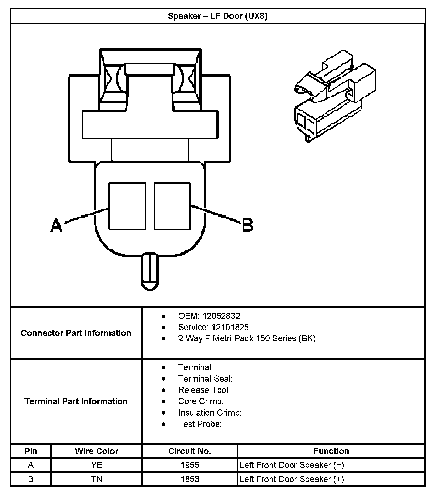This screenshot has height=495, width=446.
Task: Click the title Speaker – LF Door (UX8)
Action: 218,16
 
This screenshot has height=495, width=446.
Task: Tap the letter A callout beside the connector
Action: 56,225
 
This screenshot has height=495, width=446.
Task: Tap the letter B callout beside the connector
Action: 247,225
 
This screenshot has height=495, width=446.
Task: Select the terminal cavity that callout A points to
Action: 127,207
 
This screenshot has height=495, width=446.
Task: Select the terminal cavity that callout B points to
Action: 172,207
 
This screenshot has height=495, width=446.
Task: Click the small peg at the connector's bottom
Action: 150,271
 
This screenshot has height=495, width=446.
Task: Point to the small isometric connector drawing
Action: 336,96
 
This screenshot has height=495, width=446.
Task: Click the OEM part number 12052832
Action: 221,316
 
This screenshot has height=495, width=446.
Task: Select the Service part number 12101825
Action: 230,328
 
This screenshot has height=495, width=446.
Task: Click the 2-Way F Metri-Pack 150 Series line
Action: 247,338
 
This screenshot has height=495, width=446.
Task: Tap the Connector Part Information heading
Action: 76,333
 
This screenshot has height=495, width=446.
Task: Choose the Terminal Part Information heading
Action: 76,401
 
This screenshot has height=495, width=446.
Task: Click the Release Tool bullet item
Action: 204,390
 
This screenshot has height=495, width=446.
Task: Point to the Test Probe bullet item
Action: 200,424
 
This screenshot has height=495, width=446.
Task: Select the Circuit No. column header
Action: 190,451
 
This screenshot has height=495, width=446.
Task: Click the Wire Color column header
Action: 97,451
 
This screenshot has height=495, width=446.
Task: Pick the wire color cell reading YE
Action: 97,465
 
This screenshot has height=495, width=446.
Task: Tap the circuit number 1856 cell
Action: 190,479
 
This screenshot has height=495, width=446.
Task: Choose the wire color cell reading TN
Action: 97,479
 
